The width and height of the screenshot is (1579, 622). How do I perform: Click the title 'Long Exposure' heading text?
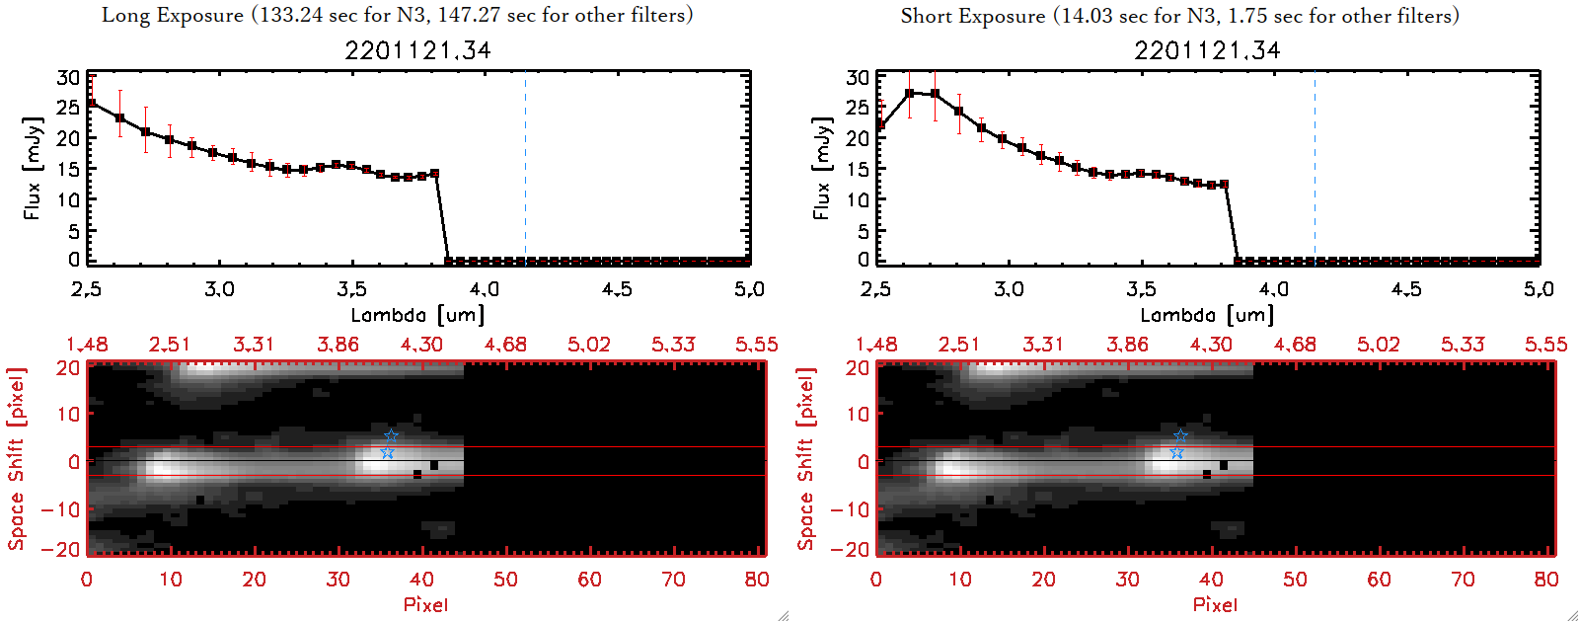pyautogui.click(x=173, y=15)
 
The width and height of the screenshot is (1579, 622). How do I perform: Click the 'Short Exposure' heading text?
pyautogui.click(x=972, y=16)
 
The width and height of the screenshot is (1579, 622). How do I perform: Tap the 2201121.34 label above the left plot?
pyautogui.click(x=417, y=50)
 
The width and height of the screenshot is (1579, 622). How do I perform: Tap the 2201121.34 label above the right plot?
pyautogui.click(x=1207, y=50)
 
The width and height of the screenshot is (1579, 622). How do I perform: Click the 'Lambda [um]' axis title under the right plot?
pyautogui.click(x=1207, y=315)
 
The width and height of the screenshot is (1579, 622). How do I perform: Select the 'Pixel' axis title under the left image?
pyautogui.click(x=425, y=604)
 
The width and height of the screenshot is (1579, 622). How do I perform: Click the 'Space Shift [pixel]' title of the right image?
pyautogui.click(x=806, y=458)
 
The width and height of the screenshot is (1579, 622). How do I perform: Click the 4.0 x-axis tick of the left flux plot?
pyautogui.click(x=485, y=289)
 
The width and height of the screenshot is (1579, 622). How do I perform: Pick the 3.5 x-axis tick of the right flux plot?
pyautogui.click(x=1141, y=289)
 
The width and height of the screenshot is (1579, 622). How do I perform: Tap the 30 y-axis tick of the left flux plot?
pyautogui.click(x=68, y=77)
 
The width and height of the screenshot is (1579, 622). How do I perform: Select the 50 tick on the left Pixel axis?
pyautogui.click(x=505, y=580)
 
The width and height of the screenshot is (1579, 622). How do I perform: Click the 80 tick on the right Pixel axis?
pyautogui.click(x=1545, y=580)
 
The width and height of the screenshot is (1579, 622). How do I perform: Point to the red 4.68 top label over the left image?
pyautogui.click(x=505, y=345)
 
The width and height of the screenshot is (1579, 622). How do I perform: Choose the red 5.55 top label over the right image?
pyautogui.click(x=1545, y=345)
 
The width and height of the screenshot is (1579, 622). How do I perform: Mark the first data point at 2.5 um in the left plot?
pyautogui.click(x=92, y=104)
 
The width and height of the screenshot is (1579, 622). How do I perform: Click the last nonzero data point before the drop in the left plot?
pyautogui.click(x=435, y=174)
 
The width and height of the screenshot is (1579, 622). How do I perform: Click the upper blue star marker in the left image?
pyautogui.click(x=391, y=435)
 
